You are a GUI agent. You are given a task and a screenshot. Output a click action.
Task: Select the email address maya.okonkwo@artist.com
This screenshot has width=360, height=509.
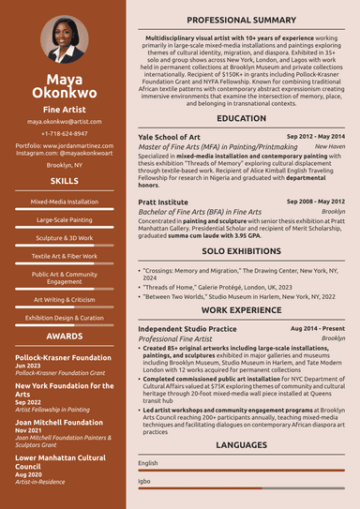point(64,122)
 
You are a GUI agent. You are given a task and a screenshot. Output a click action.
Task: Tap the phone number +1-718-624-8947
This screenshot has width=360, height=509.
point(64,134)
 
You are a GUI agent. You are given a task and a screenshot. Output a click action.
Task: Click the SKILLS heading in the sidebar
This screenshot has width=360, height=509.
point(64,180)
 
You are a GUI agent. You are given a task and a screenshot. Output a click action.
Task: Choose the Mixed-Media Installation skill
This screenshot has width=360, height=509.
point(64,202)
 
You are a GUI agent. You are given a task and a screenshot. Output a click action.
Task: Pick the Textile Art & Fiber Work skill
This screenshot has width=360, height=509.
point(64,256)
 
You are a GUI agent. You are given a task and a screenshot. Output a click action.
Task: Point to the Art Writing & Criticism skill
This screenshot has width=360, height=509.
point(64,300)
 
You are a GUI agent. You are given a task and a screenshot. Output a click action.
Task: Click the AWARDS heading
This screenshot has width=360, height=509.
point(64,336)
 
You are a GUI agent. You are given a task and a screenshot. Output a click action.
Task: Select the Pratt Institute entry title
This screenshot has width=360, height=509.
point(163,202)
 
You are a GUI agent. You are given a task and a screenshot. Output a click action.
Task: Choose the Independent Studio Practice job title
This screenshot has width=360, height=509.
point(187,329)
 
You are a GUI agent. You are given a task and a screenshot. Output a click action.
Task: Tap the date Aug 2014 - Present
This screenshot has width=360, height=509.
point(318,329)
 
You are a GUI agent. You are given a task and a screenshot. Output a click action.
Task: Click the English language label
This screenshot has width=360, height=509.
point(148,463)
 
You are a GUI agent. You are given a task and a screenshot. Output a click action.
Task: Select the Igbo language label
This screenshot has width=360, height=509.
point(144,482)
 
